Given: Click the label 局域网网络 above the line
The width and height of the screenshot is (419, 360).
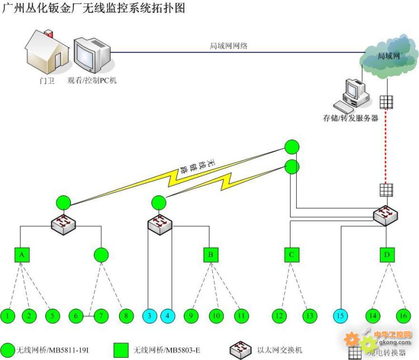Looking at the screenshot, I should (x=228, y=46).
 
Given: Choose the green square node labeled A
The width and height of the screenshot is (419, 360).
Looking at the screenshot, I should (x=21, y=255).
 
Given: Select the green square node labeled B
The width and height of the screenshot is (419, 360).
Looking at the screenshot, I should (x=211, y=255).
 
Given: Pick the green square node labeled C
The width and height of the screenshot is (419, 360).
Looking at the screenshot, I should (x=291, y=255).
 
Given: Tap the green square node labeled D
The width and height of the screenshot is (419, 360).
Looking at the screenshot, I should (x=386, y=255).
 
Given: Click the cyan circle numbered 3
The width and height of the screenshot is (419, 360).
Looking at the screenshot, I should (x=150, y=316).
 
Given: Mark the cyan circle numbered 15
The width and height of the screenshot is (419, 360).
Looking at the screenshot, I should (x=340, y=316).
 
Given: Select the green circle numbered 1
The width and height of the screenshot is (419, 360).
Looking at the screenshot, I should (x=8, y=316).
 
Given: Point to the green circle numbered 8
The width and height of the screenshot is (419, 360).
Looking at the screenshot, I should (x=126, y=316).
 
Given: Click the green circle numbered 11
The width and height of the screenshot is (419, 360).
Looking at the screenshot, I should (x=240, y=316).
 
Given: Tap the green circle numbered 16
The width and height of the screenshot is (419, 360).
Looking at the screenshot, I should (x=402, y=316).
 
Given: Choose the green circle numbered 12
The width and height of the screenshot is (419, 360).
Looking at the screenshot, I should (x=279, y=316).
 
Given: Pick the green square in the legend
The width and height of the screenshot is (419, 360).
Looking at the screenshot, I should (x=121, y=351).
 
